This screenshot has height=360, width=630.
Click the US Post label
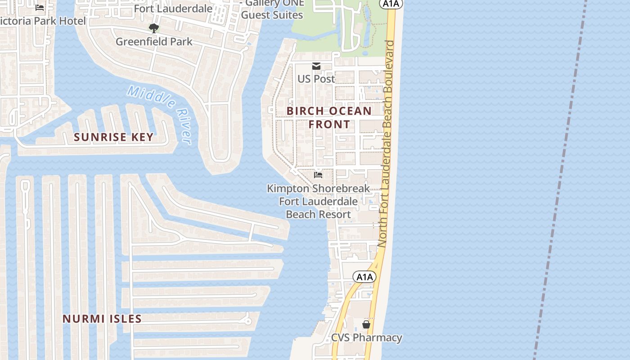tap(316, 79)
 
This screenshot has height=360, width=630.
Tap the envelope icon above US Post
tap(316, 67)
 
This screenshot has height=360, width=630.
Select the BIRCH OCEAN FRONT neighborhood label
tap(329, 117)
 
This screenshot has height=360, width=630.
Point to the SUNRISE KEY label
tap(113, 137)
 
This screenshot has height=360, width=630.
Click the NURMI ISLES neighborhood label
tap(102, 319)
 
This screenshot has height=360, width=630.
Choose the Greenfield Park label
tap(154, 41)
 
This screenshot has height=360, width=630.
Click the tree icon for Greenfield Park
tap(154, 29)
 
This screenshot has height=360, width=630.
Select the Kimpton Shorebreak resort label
tap(319, 201)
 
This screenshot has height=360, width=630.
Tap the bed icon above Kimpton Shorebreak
tap(319, 175)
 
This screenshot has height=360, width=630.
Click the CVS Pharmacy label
tap(366, 337)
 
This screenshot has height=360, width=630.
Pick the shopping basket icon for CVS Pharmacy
tap(366, 324)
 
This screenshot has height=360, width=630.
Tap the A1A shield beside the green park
tap(390, 4)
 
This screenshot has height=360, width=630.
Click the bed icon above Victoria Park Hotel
tap(40, 8)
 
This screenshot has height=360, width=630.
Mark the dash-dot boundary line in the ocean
tap(560, 180)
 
